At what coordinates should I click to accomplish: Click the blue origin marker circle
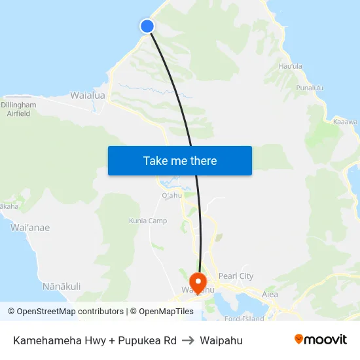pos(147,26)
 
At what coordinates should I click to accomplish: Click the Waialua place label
pos(88,96)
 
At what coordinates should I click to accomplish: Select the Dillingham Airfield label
pos(18,109)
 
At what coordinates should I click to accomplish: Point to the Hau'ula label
pos(291,66)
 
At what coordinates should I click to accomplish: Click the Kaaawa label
pos(345,122)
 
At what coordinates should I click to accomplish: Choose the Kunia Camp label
pos(147,221)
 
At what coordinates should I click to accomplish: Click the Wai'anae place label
pos(30,228)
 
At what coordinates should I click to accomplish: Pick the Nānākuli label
pos(61,286)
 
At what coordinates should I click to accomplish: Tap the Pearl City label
pos(236,276)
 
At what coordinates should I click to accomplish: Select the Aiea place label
pos(270,295)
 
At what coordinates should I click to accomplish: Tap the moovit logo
pos(320,339)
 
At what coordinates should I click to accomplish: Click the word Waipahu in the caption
pos(221,340)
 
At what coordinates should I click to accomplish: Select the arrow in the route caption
pos(189,340)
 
